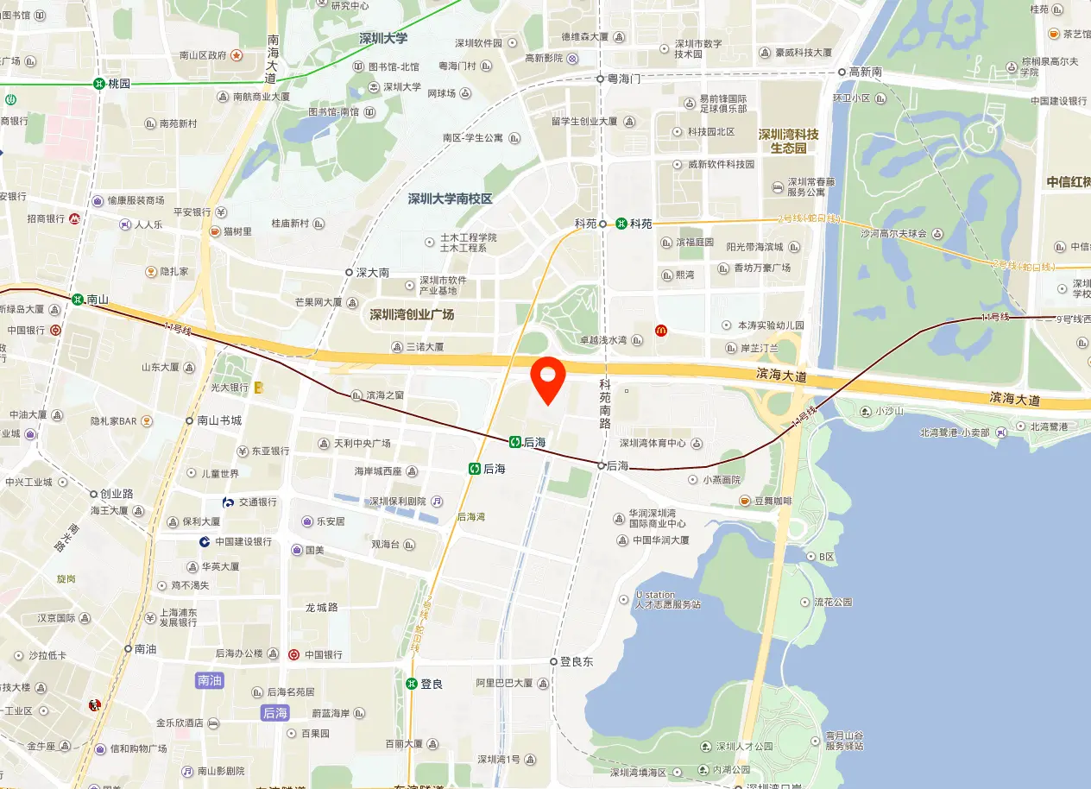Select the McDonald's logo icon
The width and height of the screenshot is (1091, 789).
click(660, 330)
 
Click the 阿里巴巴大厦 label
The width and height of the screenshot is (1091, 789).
click(505, 683)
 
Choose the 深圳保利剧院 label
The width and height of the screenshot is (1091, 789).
click(398, 502)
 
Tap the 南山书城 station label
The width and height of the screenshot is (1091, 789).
click(218, 421)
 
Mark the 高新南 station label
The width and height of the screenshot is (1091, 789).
click(865, 73)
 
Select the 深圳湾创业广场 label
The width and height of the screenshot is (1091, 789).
click(412, 314)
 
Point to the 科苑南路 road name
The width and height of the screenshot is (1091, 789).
click(605, 405)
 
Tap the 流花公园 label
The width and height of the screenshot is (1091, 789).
click(833, 602)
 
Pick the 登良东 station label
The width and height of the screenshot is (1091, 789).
click(576, 662)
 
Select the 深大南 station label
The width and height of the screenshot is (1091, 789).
click(372, 272)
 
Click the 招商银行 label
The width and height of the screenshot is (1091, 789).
click(46, 219)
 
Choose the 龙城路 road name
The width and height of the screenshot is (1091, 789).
click(322, 607)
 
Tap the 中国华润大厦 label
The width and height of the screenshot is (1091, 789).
click(660, 540)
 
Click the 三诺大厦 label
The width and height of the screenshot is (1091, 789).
click(424, 347)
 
